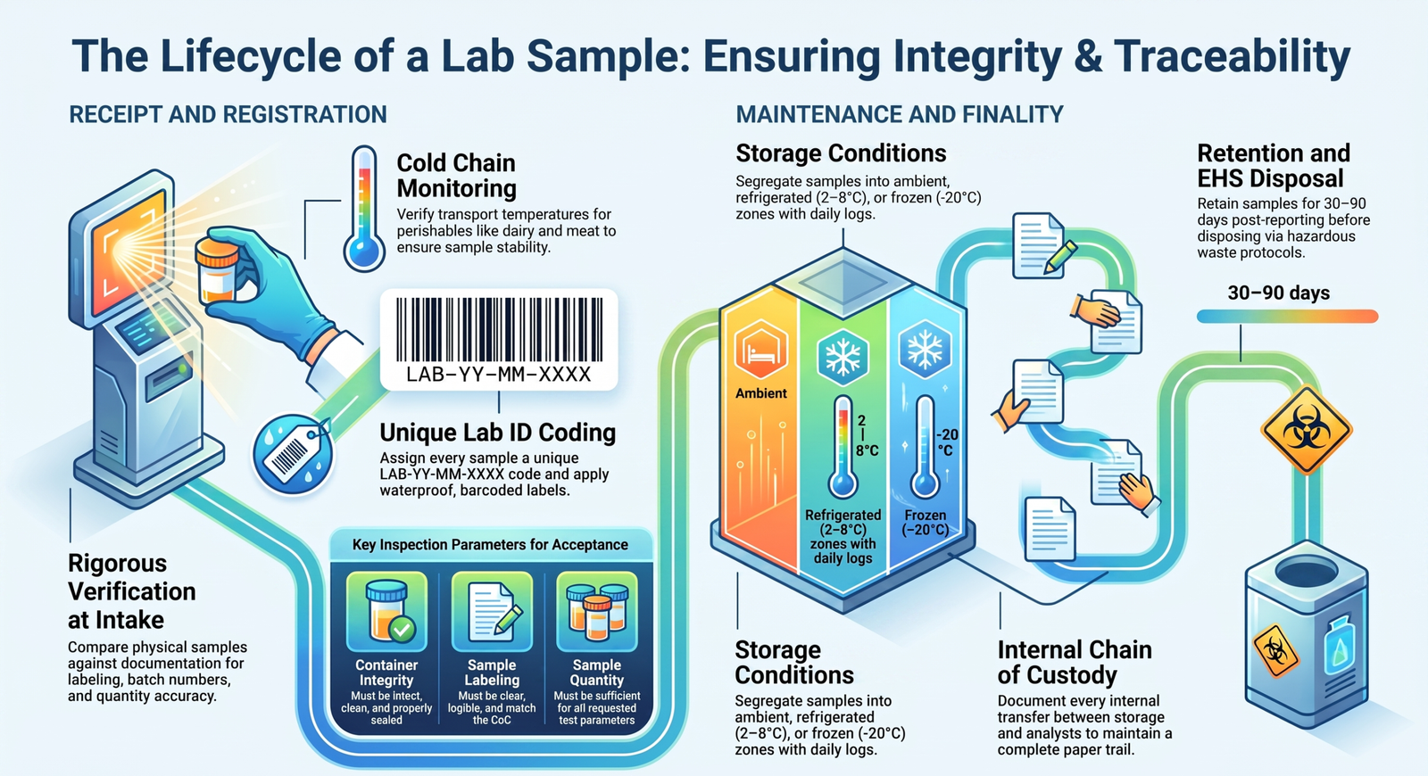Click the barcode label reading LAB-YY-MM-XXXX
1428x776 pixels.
coord(499,340)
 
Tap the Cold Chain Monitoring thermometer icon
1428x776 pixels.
coord(364,209)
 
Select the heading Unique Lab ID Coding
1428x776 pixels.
coord(498,433)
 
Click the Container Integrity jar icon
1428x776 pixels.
coord(387,611)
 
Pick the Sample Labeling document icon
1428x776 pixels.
coord(492,611)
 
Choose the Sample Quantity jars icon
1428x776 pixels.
coord(597,611)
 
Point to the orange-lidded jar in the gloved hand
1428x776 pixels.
coord(218,268)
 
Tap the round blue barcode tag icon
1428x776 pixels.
coord(293,453)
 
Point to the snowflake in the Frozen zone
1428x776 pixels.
coord(925,349)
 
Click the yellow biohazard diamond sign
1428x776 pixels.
coord(1307,430)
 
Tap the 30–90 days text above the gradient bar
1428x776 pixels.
coord(1278,293)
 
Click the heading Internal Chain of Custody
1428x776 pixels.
coord(1075,663)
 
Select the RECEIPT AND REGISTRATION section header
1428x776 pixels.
coord(228,115)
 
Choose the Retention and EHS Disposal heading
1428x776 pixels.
coord(1274,166)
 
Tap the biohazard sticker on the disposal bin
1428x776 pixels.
coord(1275,651)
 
